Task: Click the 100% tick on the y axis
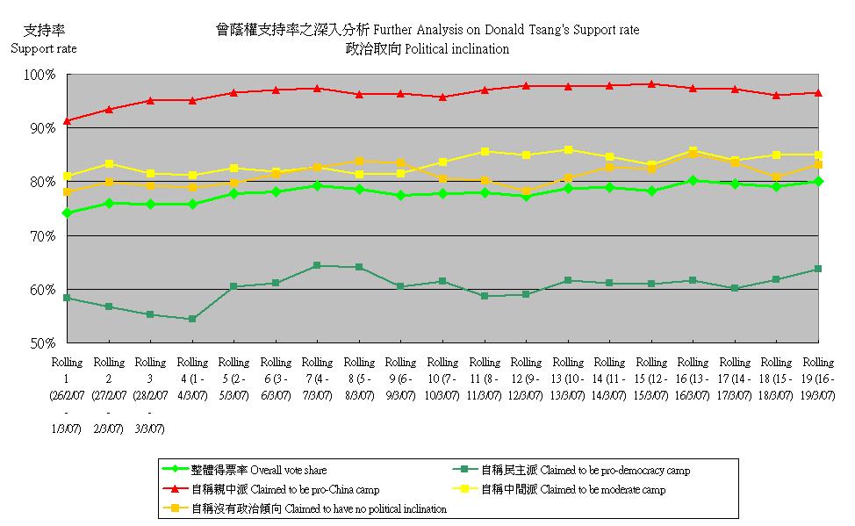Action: pos(41,76)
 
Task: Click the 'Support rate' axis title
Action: pos(43,48)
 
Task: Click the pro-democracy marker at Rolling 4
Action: pos(192,319)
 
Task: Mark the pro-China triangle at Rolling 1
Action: pos(67,120)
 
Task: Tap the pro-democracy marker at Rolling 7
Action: pos(317,265)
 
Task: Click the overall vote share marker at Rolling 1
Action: pos(67,213)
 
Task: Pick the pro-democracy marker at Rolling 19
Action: pos(818,269)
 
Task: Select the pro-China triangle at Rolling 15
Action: pos(651,84)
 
